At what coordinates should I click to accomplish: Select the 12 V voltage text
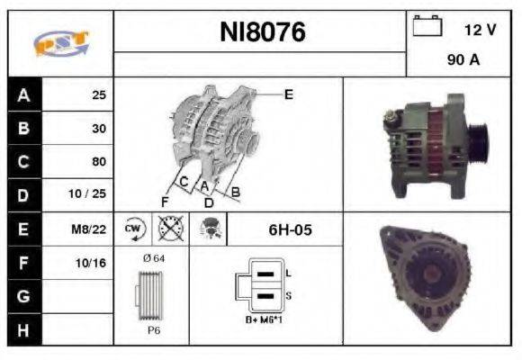[x=480, y=30]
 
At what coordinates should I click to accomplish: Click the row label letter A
[x=23, y=94]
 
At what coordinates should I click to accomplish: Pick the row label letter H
[x=23, y=329]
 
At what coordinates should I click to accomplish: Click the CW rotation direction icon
[x=133, y=229]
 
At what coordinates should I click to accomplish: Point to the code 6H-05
[x=290, y=229]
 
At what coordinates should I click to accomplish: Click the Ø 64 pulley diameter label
[x=152, y=259]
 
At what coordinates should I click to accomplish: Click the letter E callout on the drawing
[x=288, y=94]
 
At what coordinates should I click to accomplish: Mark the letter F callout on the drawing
[x=164, y=200]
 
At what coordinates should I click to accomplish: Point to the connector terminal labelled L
[x=288, y=271]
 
